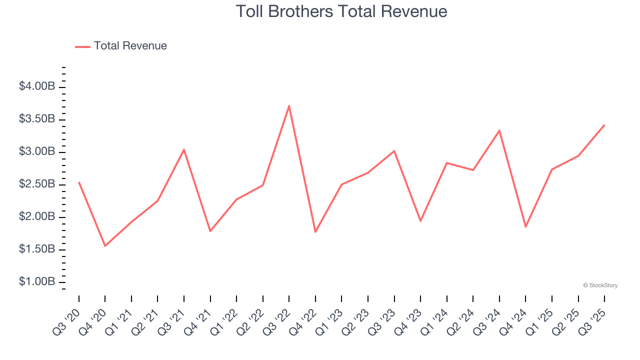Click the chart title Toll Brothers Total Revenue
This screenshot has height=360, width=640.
point(341,11)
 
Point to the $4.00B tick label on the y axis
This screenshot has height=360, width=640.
point(37,87)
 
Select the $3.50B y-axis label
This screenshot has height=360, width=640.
point(37,119)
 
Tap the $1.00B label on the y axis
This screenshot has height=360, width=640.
point(37,282)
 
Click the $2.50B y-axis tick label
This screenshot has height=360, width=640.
point(37,184)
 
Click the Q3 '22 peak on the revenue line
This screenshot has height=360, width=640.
point(289,106)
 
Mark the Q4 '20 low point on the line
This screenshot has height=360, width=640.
point(105,246)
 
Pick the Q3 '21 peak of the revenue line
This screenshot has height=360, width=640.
point(184,149)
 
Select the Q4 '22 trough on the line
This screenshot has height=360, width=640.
point(315,232)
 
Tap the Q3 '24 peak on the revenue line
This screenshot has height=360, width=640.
point(499,130)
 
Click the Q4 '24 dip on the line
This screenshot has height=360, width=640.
point(525,227)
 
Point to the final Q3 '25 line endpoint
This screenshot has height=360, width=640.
point(604,125)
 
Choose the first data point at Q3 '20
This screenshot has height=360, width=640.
point(79,182)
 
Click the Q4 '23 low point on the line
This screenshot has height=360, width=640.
point(420,221)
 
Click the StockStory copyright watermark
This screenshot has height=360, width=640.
point(600,285)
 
